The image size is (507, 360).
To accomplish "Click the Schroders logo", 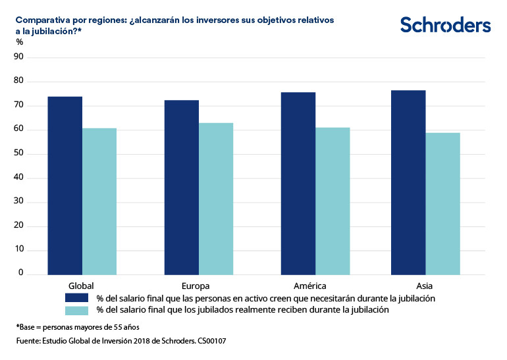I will (445, 25).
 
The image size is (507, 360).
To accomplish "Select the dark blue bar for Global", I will (65, 186).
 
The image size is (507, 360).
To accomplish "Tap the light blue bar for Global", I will (99, 201).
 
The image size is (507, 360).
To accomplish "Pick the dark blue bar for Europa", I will (182, 188).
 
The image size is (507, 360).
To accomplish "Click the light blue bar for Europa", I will (216, 199).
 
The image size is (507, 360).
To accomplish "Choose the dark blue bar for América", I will (298, 184).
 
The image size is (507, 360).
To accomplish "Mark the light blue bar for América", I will (333, 201).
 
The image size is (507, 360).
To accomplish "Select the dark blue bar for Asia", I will (408, 182).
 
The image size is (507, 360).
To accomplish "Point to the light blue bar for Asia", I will (442, 203).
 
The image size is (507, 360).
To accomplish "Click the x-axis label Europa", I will (196, 286).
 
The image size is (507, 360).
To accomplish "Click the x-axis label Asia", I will (425, 286).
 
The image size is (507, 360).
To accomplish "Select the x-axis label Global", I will (81, 286).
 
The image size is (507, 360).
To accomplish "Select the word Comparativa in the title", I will (42, 20).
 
